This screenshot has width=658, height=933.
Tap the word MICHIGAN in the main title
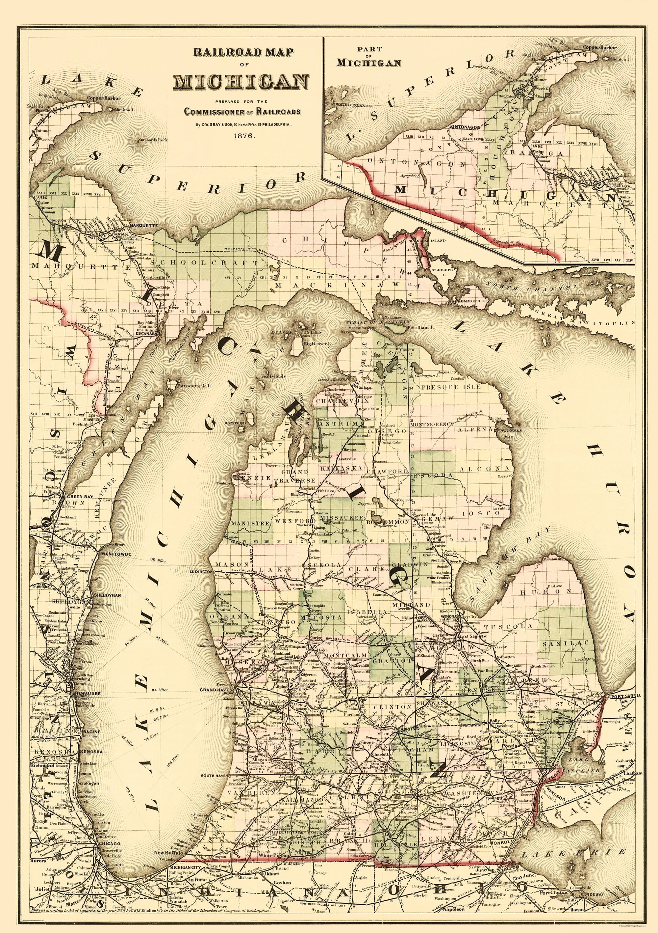point(241,82)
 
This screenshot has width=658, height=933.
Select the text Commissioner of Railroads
point(242,111)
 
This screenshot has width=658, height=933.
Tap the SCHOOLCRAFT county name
point(209,262)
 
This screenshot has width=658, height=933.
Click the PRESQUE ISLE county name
point(451,387)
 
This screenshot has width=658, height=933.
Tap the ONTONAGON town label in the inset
point(465,127)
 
